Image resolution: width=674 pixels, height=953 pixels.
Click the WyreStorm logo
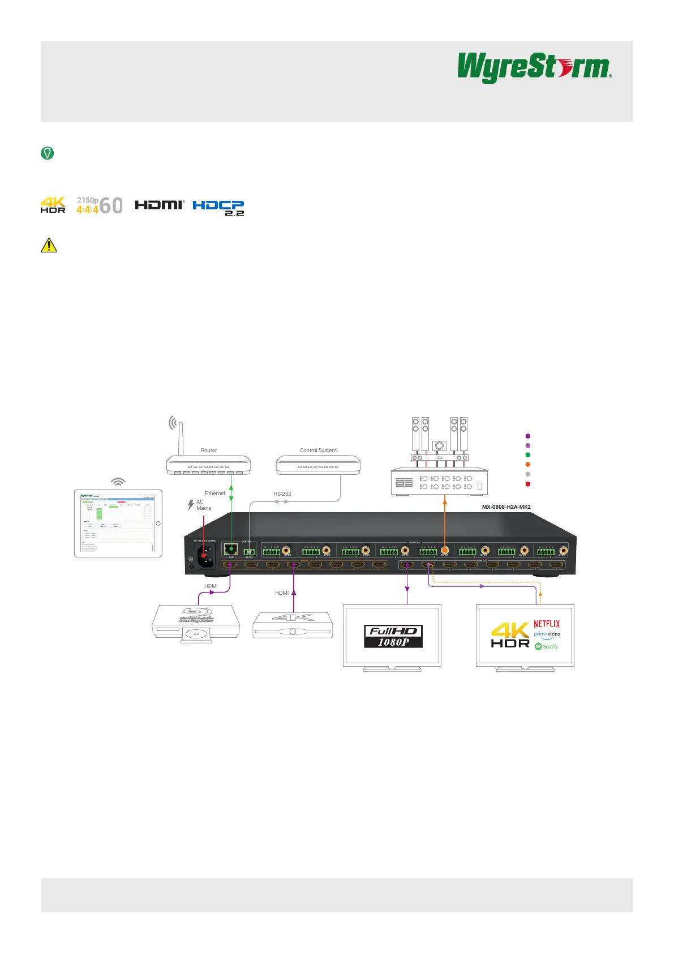pyautogui.click(x=534, y=67)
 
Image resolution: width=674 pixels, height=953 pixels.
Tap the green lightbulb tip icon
pyautogui.click(x=48, y=153)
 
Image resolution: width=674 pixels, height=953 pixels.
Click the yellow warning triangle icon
pyautogui.click(x=49, y=245)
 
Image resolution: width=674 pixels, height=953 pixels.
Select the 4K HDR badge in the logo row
pyautogui.click(x=53, y=205)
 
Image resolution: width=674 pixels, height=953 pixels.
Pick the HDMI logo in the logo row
pyautogui.click(x=160, y=205)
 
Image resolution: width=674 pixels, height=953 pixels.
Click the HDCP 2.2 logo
pyautogui.click(x=218, y=207)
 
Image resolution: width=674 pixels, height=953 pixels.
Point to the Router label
pyautogui.click(x=209, y=450)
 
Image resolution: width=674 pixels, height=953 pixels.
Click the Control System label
pyautogui.click(x=318, y=450)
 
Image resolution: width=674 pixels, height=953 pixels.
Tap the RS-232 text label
pyautogui.click(x=282, y=494)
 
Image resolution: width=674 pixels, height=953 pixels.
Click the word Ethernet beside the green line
pyautogui.click(x=215, y=493)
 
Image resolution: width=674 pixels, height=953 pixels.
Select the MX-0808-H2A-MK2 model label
pyautogui.click(x=506, y=507)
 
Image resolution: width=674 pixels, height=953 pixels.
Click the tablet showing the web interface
pyautogui.click(x=118, y=523)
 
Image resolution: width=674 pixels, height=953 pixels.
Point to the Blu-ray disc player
pyautogui.click(x=196, y=623)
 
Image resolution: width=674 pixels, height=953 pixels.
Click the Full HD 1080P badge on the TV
pyautogui.click(x=393, y=637)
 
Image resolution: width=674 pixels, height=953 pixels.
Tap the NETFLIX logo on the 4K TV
pyautogui.click(x=547, y=624)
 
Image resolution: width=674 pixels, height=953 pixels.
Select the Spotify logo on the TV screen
pyautogui.click(x=547, y=646)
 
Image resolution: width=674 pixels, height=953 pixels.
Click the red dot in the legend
pyautogui.click(x=528, y=484)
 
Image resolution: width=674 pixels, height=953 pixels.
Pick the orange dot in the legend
pyautogui.click(x=528, y=465)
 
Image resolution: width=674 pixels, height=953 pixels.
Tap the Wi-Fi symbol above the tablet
pyautogui.click(x=118, y=482)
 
